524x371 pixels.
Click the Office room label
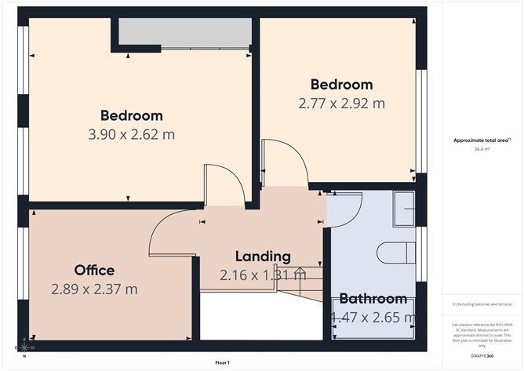point(94,271)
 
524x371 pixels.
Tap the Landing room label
point(264,256)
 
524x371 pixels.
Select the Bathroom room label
point(373,299)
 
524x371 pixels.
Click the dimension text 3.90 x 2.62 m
point(131,134)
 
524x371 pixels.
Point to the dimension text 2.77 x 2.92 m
point(341,103)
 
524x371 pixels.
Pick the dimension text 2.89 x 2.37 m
point(94,289)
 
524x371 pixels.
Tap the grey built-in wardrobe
point(185,33)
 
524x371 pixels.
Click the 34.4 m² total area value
point(482,148)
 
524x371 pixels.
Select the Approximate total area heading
point(481,140)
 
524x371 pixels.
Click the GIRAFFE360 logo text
point(482,355)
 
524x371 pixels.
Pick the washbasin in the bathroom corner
point(405,209)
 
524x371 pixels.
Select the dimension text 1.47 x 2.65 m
point(373,318)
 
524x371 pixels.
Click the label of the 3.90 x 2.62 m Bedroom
point(131,116)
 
